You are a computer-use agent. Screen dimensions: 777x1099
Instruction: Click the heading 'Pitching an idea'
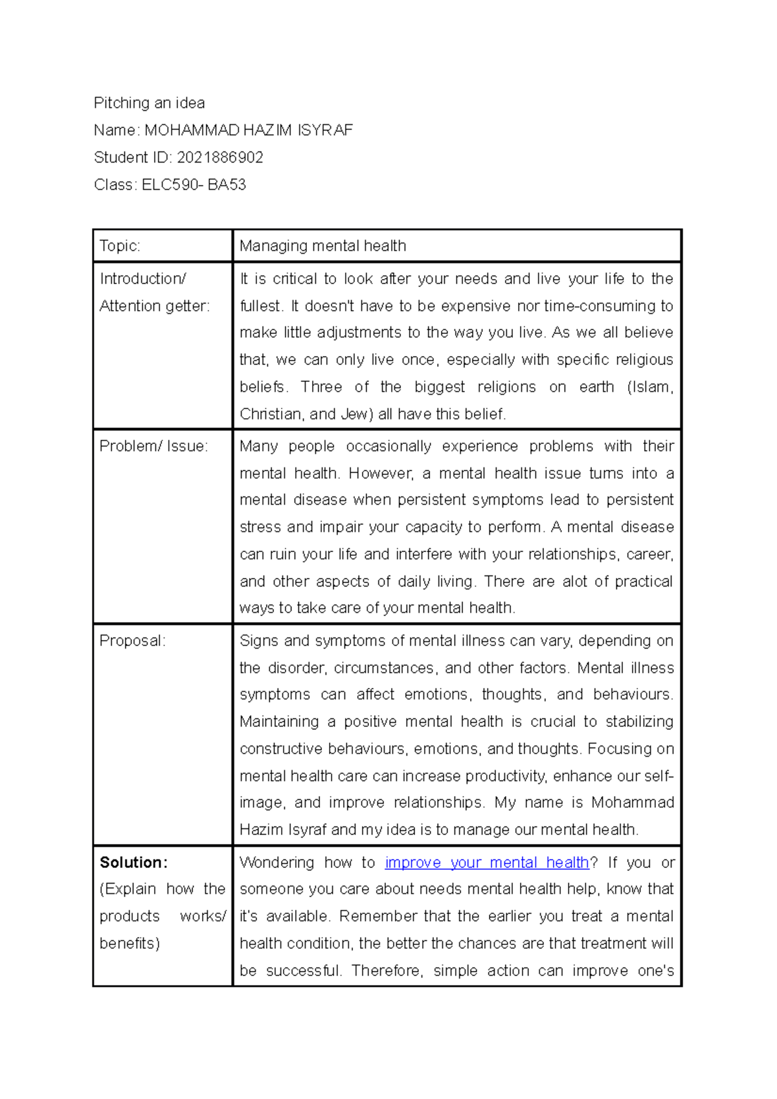149,103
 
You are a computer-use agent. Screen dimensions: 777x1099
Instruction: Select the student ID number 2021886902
220,157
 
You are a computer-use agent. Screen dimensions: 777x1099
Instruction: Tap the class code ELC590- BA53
194,184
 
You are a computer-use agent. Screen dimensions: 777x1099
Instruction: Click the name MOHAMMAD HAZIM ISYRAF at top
248,130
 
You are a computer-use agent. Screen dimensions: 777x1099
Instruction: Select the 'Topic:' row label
120,246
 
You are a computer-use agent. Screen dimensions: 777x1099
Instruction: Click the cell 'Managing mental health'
322,246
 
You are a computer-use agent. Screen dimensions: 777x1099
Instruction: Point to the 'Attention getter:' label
154,306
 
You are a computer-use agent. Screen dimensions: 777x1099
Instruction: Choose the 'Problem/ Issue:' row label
153,446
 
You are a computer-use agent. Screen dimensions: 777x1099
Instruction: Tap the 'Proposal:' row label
132,641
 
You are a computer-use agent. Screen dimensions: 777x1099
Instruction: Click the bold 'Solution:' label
133,863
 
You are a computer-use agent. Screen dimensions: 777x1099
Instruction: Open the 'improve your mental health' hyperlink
486,863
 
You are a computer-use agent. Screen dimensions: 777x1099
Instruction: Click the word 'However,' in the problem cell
381,474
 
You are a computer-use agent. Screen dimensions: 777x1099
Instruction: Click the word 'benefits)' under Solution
129,944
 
